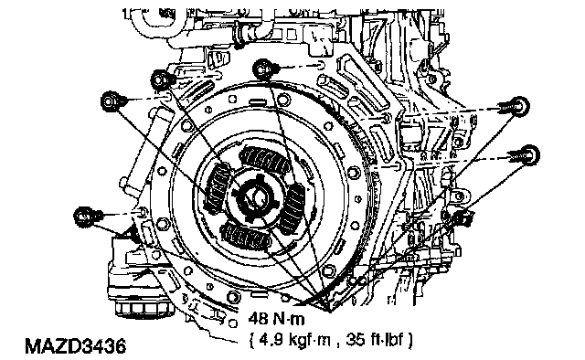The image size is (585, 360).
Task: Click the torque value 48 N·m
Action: tap(276, 319)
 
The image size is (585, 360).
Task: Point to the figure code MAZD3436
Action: tap(75, 346)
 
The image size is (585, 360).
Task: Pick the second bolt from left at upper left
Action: tap(163, 79)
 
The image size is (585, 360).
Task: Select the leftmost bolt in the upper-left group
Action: tap(112, 101)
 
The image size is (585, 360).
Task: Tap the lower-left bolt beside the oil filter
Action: tap(85, 217)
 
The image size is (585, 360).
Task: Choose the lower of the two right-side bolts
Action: tap(526, 154)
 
